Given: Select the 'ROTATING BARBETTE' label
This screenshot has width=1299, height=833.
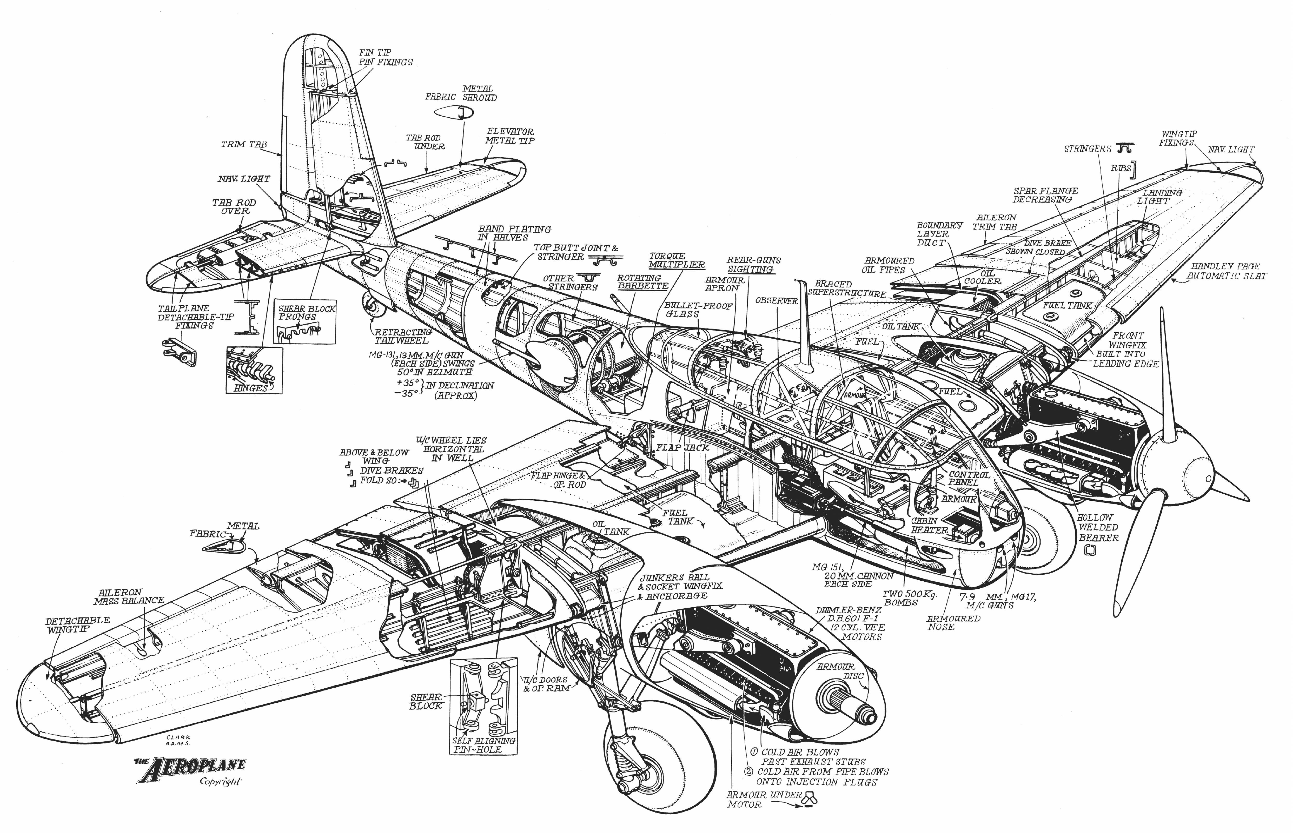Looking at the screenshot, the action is [643, 282].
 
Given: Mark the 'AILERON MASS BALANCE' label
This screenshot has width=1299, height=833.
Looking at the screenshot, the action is [129, 596].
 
